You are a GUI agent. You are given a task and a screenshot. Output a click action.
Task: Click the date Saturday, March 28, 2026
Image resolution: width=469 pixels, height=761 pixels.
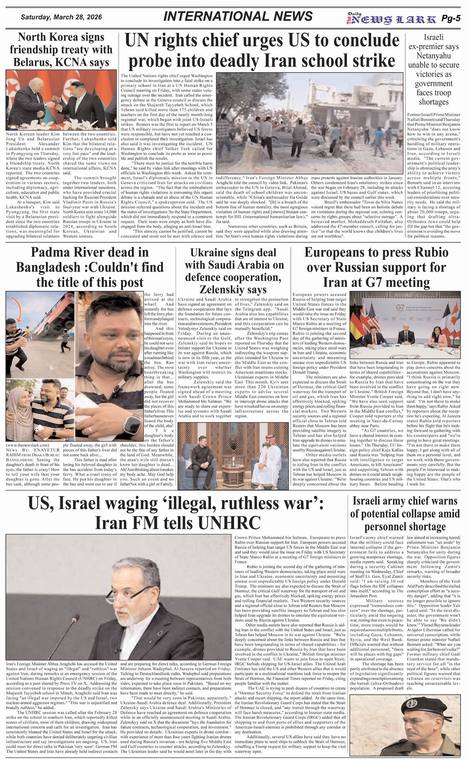coord(61,17)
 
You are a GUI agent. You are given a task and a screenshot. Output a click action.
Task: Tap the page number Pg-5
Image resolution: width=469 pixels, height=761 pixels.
coord(451,18)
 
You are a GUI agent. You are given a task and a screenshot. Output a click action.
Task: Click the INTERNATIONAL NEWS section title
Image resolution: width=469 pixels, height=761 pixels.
coord(238,16)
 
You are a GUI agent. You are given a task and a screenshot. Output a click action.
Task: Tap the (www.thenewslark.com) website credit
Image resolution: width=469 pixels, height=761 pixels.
coord(27,445)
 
